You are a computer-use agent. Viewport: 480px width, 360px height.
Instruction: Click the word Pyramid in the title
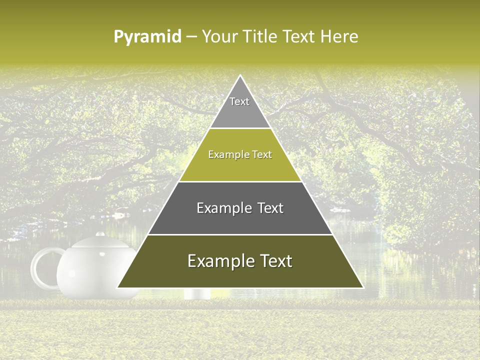tap(147, 37)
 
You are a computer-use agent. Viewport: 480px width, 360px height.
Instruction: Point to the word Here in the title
tap(339, 36)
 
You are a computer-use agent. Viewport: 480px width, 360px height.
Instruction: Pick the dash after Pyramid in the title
tap(191, 37)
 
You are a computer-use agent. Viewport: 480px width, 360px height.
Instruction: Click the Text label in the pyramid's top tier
tap(239, 101)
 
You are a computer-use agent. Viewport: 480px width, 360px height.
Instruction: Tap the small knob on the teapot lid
tap(100, 233)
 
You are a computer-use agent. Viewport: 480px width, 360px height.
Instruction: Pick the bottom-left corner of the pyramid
tap(117, 287)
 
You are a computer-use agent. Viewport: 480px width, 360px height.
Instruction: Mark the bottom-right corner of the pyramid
tap(363, 287)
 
